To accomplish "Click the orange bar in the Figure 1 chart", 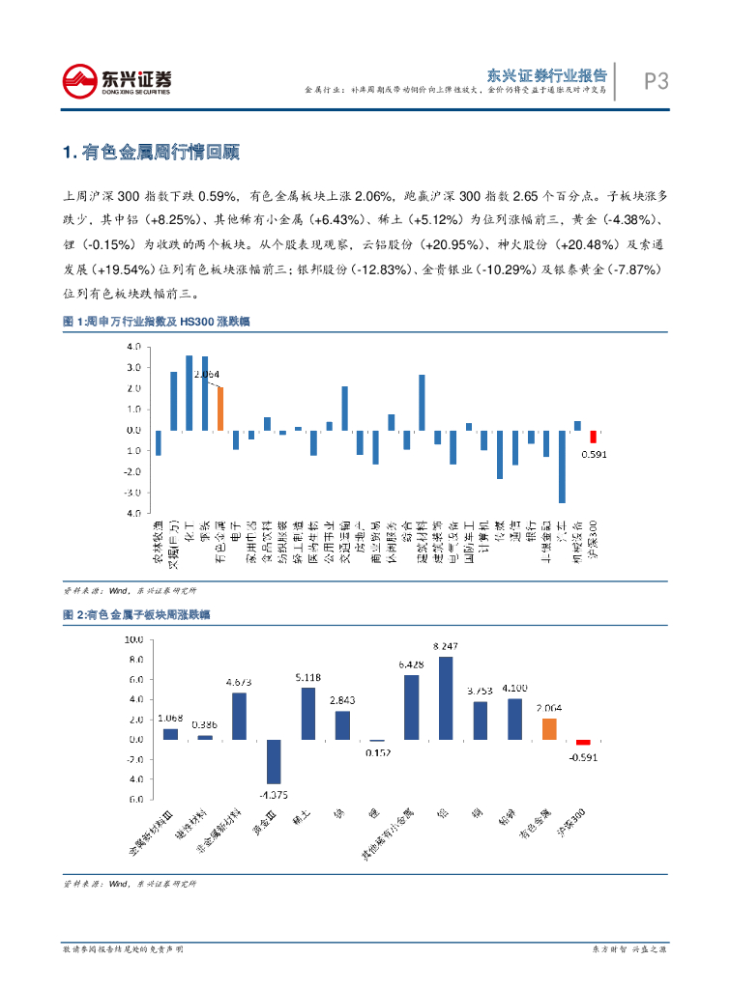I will tap(220, 409).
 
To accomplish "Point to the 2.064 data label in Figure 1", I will tap(207, 374).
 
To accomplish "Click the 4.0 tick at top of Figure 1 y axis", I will tap(134, 347).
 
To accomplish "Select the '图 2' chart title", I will tap(136, 615).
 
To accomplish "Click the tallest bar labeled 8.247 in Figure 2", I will tap(446, 698).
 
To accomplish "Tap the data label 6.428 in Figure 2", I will tap(411, 664).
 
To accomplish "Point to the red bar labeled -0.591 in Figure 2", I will tap(583, 743).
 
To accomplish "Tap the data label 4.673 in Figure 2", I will tap(239, 682).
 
